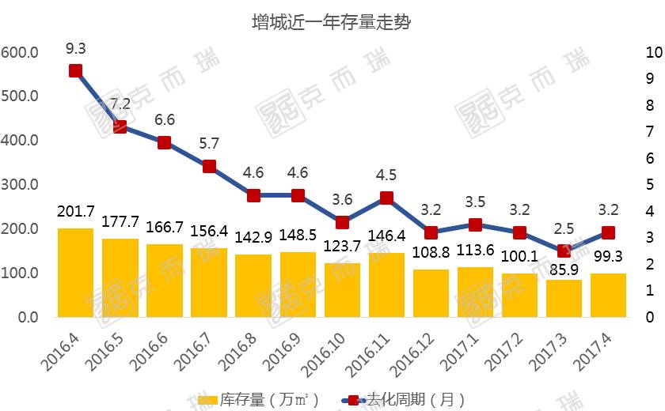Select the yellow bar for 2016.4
[76, 273]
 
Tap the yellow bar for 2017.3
[564, 298]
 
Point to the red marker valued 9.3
[76, 71]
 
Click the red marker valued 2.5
[564, 251]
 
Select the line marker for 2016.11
[386, 198]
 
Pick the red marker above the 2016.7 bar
[209, 166]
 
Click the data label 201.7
[76, 212]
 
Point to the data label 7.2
[120, 104]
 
